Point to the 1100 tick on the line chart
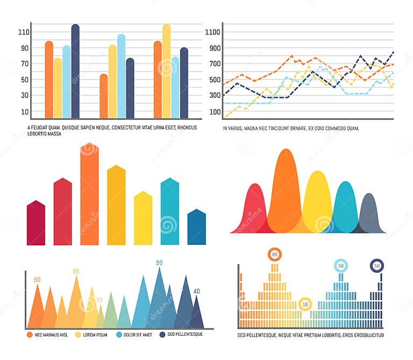(x=213, y=32)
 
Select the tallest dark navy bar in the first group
(x=75, y=72)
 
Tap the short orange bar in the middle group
(x=104, y=96)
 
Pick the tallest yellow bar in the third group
(x=166, y=72)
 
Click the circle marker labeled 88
(x=275, y=255)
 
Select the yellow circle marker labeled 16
(x=305, y=304)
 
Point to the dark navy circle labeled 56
(x=377, y=266)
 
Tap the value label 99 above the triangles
(x=159, y=263)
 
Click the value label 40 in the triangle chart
(x=196, y=291)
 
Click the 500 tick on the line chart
(x=213, y=80)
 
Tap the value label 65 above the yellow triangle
(x=76, y=272)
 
